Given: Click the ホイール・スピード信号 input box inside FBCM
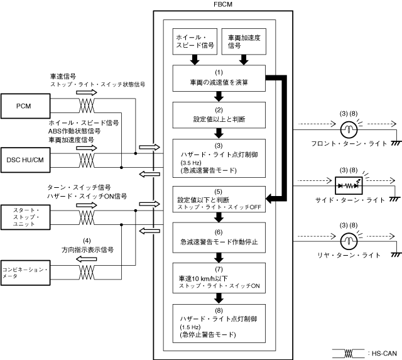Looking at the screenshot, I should click(x=194, y=42).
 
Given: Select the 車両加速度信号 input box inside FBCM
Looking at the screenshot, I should click(x=244, y=42).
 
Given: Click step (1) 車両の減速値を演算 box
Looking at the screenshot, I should click(x=219, y=78).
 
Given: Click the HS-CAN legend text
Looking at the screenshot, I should click(x=384, y=351).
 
